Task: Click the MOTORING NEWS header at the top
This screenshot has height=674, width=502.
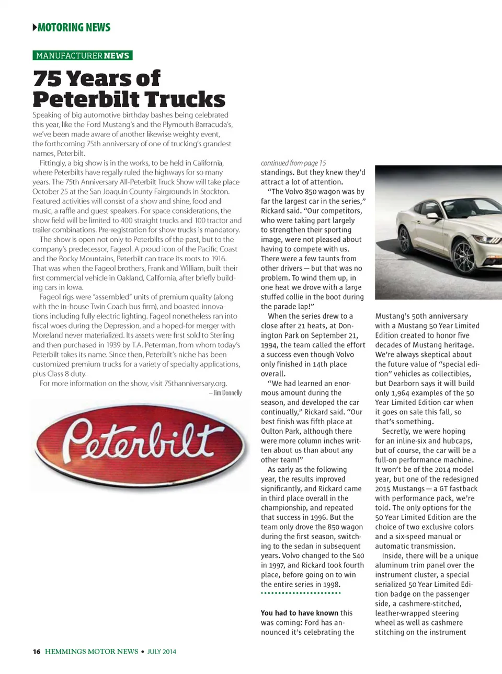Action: pyautogui.click(x=74, y=27)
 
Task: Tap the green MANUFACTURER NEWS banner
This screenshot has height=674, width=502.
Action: pyautogui.click(x=82, y=55)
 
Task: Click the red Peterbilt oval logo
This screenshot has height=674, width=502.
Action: pyautogui.click(x=140, y=445)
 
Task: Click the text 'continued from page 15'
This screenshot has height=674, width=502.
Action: pyautogui.click(x=293, y=163)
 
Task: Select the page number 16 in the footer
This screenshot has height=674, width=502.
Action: pyautogui.click(x=36, y=652)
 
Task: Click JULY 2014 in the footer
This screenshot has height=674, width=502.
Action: pyautogui.click(x=162, y=652)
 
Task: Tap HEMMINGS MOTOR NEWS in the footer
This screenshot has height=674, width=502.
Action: pyautogui.click(x=92, y=652)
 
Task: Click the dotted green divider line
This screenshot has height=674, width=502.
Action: pyautogui.click(x=301, y=593)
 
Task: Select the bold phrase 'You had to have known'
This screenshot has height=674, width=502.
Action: pyautogui.click(x=300, y=613)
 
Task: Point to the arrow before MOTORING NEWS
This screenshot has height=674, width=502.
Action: pyautogui.click(x=35, y=27)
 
